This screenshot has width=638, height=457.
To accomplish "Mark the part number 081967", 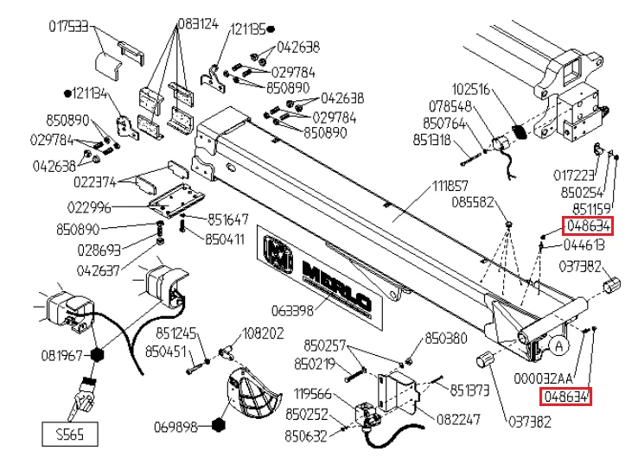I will (61, 355).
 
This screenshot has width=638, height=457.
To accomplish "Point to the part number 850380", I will (446, 337).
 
